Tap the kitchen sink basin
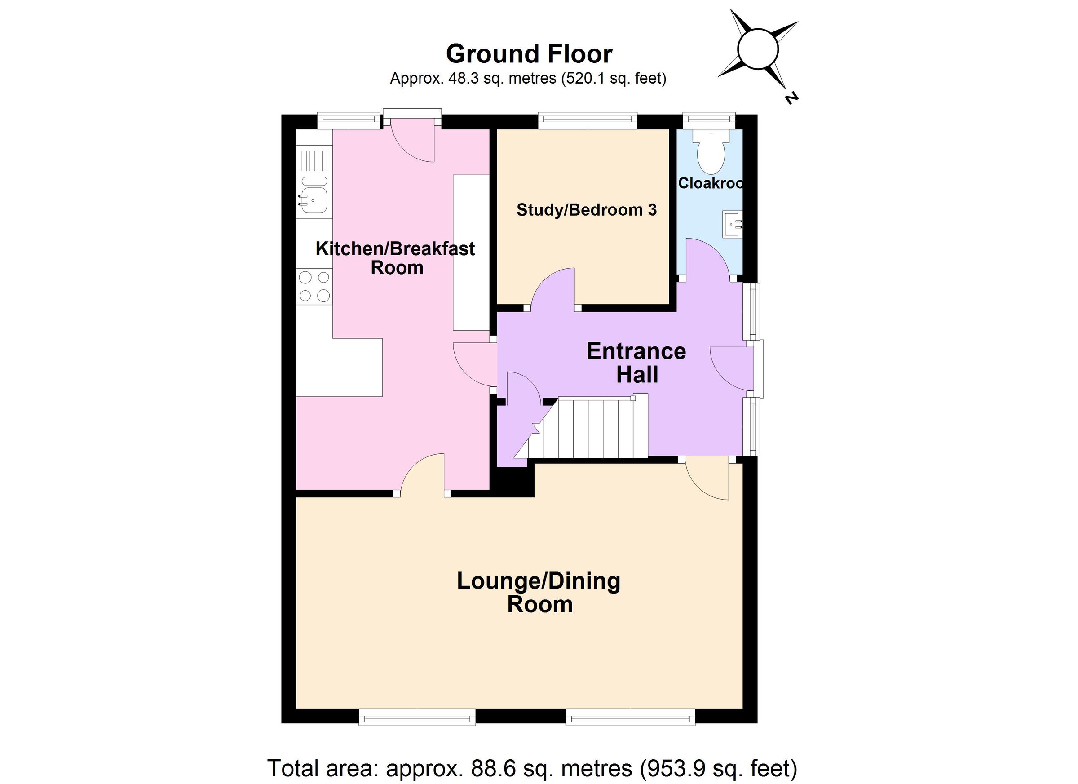(x=314, y=200)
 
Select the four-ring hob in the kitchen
(x=314, y=286)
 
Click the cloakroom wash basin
(x=732, y=224)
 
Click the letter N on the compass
(x=791, y=98)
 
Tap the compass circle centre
(x=758, y=49)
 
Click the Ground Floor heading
(x=529, y=54)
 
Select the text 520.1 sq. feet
(x=613, y=79)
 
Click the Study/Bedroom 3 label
(x=586, y=210)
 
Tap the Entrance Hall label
(x=636, y=363)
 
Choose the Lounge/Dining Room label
(x=539, y=593)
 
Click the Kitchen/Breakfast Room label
(x=395, y=258)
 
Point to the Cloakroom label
(x=710, y=183)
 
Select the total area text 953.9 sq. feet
(x=718, y=768)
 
